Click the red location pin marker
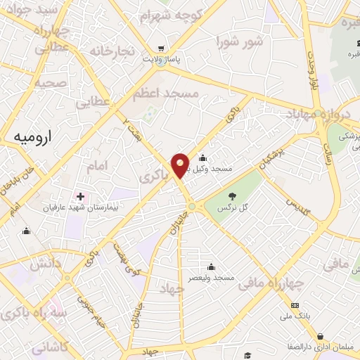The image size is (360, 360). (181, 164)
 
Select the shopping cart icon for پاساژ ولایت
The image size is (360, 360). (162, 49)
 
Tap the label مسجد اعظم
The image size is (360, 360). (166, 93)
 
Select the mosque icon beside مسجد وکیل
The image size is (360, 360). (202, 157)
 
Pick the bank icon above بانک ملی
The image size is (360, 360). (295, 305)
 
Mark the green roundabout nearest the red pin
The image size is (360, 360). (191, 206)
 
